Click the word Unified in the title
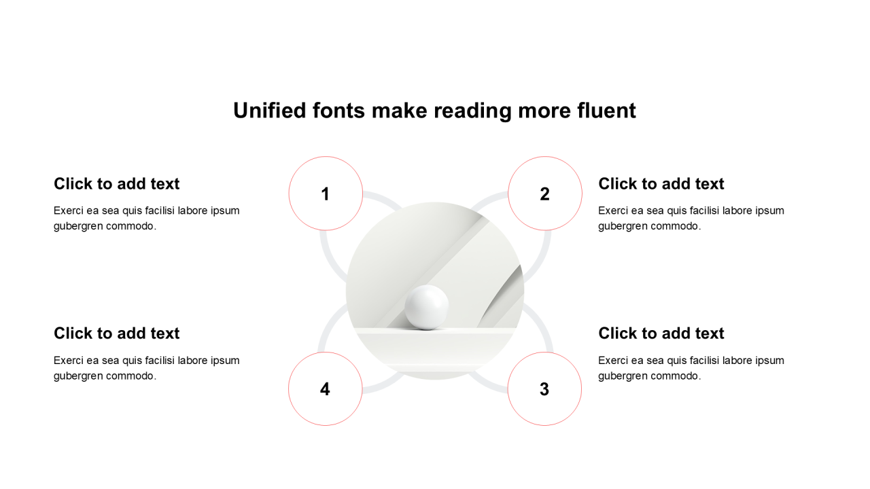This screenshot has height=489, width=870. [x=270, y=110]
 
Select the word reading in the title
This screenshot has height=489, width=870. [x=472, y=111]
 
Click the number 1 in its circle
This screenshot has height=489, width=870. [x=326, y=194]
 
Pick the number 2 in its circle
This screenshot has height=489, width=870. [x=544, y=194]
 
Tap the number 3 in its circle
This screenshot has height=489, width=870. [x=544, y=389]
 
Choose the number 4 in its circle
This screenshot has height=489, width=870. [x=325, y=389]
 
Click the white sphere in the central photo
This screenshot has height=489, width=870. [x=426, y=308]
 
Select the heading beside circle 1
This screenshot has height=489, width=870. [x=116, y=183]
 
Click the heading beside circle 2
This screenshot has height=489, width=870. [x=661, y=183]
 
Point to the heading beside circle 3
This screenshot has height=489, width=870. [x=661, y=333]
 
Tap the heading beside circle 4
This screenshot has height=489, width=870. [x=116, y=333]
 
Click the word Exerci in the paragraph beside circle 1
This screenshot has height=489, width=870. [x=69, y=211]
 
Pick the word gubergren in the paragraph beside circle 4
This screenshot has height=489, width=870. [x=78, y=376]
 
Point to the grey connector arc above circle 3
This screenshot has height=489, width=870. [x=542, y=327]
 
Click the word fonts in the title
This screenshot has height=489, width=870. [x=338, y=110]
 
